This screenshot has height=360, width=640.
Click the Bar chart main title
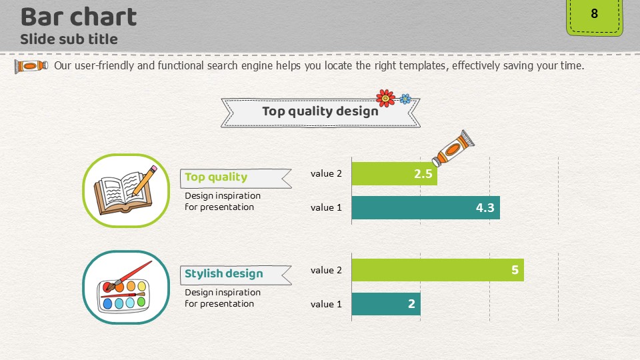click(79, 17)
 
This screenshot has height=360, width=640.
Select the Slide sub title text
click(69, 39)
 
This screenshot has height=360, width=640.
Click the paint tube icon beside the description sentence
click(31, 66)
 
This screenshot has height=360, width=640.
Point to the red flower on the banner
click(386, 98)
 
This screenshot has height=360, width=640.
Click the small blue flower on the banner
click(405, 99)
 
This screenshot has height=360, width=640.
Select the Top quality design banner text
click(320, 111)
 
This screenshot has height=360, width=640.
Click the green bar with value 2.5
click(394, 174)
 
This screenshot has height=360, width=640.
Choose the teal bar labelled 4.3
click(426, 208)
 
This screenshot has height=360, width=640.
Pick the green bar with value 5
click(437, 270)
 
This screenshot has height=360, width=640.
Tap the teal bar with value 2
click(386, 304)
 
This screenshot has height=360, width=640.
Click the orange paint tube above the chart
click(453, 148)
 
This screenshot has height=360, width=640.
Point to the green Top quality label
click(216, 177)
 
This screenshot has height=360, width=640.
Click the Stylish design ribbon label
click(235, 274)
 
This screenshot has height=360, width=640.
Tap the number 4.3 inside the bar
click(485, 208)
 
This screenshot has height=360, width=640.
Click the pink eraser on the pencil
click(153, 168)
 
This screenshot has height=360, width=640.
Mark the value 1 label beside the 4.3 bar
click(326, 208)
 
